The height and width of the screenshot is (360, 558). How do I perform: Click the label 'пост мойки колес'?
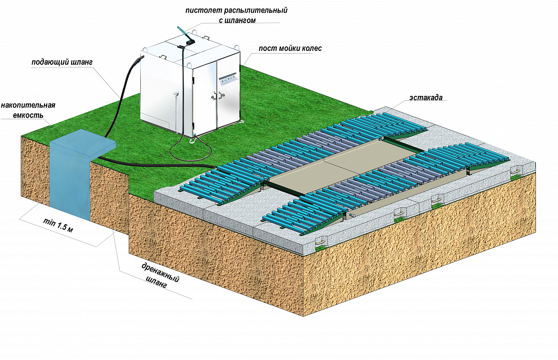[290, 48]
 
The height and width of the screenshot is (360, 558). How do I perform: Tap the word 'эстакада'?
[426, 98]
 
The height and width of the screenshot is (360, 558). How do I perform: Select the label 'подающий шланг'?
[62, 63]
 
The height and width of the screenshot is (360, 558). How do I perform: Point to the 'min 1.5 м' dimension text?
[58, 225]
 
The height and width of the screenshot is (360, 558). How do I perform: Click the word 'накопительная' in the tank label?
[28, 105]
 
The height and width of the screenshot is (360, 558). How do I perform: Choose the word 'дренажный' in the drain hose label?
[161, 273]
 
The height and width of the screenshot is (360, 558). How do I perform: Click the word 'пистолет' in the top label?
[204, 10]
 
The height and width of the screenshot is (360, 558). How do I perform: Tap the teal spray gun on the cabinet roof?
[186, 36]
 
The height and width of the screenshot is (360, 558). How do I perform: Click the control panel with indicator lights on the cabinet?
[227, 79]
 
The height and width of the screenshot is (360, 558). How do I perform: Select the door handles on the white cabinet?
[217, 96]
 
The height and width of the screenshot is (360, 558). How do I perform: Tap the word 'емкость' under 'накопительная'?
[28, 116]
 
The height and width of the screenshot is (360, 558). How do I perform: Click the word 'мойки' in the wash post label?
[289, 48]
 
